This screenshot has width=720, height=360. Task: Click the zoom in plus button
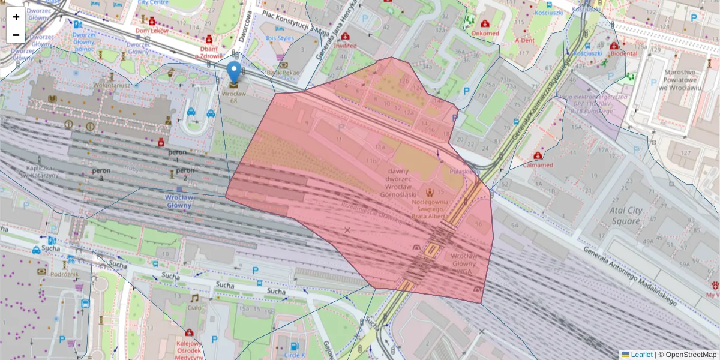tap(16, 17)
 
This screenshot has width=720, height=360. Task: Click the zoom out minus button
tap(16, 35)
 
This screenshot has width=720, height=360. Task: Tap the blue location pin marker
tap(233, 71)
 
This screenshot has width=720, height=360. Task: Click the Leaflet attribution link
tap(641, 355)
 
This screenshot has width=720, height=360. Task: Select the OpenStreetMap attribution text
tap(690, 355)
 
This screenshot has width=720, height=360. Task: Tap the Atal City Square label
tap(626, 215)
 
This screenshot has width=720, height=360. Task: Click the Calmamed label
tap(538, 164)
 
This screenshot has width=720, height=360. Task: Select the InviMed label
tap(346, 46)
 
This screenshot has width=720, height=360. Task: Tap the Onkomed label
tap(485, 33)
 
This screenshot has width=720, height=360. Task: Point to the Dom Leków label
tap(150, 31)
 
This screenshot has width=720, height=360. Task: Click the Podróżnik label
tap(65, 274)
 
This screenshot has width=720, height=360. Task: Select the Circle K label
tap(294, 355)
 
